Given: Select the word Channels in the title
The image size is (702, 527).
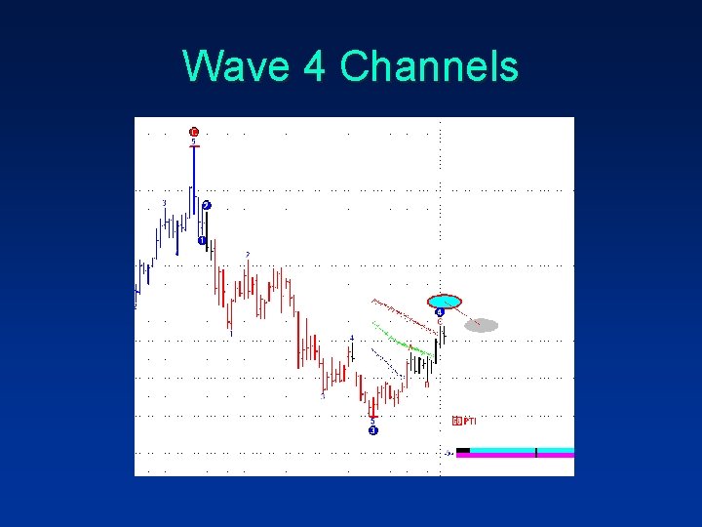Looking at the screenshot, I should point(429,67).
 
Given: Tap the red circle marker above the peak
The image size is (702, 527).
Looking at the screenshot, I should point(194,132).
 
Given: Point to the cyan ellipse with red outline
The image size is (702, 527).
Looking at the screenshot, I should point(445,302).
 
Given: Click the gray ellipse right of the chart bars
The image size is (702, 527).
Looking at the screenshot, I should point(482,325).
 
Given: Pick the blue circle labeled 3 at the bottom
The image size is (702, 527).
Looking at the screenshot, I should point(372,430).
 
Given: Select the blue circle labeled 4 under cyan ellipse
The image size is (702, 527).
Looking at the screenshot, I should point(440,312).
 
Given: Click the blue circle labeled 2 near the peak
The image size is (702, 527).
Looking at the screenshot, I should point(207,205).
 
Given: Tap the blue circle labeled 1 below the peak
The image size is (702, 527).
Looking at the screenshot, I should point(201,240).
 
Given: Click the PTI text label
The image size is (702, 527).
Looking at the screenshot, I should point(469,421).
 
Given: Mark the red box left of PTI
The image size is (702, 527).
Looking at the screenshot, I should point(457,421).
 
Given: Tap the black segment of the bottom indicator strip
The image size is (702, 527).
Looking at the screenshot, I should point(463,450).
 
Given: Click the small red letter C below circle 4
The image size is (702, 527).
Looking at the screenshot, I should point(440,321).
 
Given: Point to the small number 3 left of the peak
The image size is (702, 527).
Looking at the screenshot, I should point(164,203).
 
